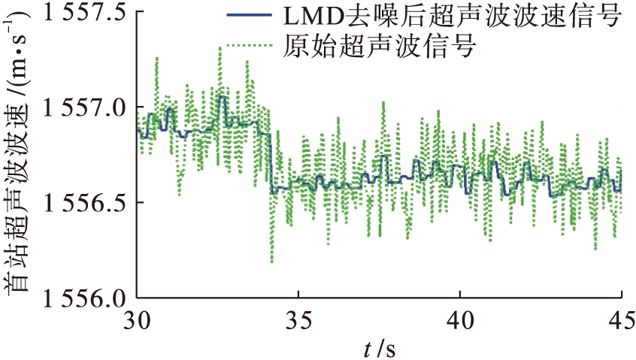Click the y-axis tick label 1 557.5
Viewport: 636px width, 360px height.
(72, 17)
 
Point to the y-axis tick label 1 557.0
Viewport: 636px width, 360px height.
(72, 110)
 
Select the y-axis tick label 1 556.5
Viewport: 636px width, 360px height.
(72, 204)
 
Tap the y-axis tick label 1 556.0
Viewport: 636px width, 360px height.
(72, 298)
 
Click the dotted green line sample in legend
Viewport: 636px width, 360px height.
(253, 47)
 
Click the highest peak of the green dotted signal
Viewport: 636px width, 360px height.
(220, 47)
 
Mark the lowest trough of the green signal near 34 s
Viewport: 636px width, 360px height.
(271, 262)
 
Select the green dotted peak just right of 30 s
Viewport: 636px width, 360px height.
(156, 57)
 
